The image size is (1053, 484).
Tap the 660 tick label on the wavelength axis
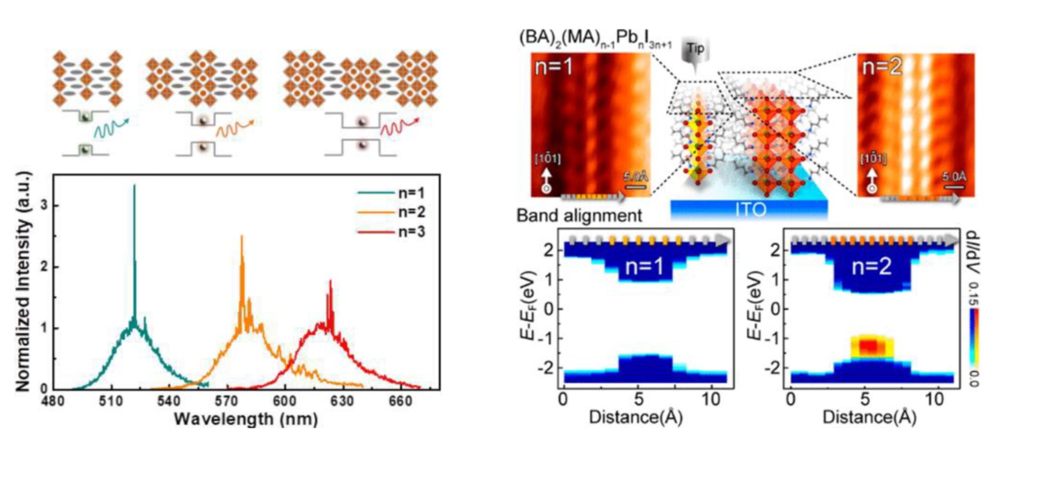400,401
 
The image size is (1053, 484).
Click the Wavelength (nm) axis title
246,419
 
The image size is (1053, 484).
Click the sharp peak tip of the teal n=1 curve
134,186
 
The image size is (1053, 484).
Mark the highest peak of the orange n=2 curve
241,237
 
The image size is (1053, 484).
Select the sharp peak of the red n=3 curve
330,281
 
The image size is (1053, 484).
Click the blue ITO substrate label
749,209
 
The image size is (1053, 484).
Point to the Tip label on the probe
695,48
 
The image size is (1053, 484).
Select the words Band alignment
579,215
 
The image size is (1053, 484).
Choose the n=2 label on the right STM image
882,67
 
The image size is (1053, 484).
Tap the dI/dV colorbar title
973,252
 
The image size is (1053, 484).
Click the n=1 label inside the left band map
644,266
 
